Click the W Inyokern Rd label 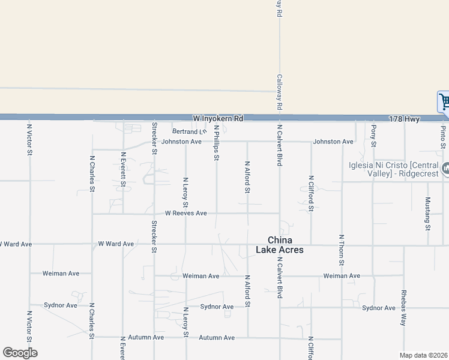tap(218, 119)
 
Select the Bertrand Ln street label tap(188, 131)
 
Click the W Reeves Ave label tap(186, 213)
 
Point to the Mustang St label tap(428, 213)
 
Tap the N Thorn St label tap(342, 250)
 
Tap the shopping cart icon tap(444, 102)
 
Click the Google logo tap(20, 353)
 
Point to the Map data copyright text tap(423, 355)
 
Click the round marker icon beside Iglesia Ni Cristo tap(445, 169)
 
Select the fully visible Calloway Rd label tap(279, 92)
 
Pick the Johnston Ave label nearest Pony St tap(333, 142)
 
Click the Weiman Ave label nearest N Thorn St tap(342, 276)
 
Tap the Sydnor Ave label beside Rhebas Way tap(379, 308)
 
